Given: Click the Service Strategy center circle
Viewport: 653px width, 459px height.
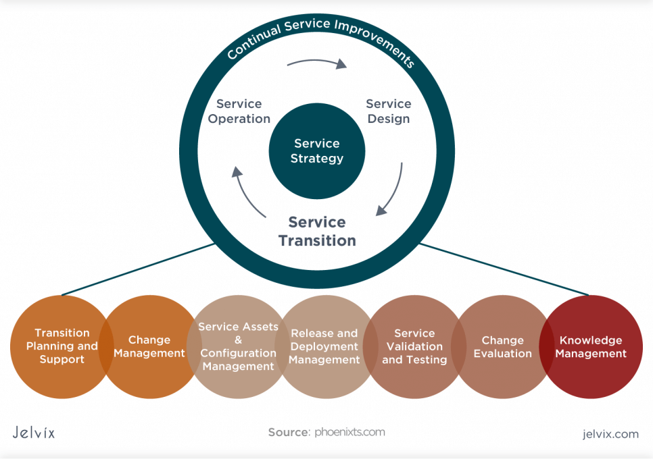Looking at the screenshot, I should (x=317, y=151).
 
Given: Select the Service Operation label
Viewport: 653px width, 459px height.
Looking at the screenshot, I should (x=239, y=111).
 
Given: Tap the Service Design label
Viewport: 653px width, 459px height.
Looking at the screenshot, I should (x=389, y=111).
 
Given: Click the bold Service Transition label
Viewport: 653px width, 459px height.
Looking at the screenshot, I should (x=317, y=232).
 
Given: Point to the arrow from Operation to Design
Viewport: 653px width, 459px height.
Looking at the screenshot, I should (x=316, y=63).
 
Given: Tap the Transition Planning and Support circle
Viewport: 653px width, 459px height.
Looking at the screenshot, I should (x=62, y=346).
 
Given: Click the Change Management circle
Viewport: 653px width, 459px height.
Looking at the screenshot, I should (x=149, y=346).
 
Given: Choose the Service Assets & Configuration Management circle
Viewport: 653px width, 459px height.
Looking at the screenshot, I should (x=238, y=346).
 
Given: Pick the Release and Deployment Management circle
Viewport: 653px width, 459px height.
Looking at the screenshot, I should (x=324, y=346).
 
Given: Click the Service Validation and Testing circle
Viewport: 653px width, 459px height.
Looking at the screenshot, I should (x=414, y=346).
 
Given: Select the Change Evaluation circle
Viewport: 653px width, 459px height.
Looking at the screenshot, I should (x=502, y=346).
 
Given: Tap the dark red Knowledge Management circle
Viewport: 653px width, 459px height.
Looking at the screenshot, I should (x=591, y=346).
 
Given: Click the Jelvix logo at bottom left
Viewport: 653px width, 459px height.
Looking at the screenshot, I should (x=34, y=433).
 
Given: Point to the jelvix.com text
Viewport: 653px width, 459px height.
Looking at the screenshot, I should (x=610, y=434).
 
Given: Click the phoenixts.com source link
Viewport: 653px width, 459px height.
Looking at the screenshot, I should (x=349, y=432).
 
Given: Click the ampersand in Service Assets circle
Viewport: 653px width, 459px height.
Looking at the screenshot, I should (x=238, y=340).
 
